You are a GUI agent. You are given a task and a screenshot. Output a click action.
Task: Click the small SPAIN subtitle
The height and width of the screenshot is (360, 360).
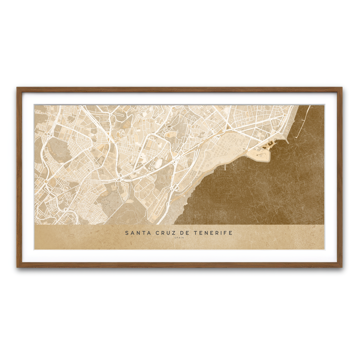[179, 238]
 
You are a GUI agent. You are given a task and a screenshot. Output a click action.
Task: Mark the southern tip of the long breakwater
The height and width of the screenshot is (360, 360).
[296, 137]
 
